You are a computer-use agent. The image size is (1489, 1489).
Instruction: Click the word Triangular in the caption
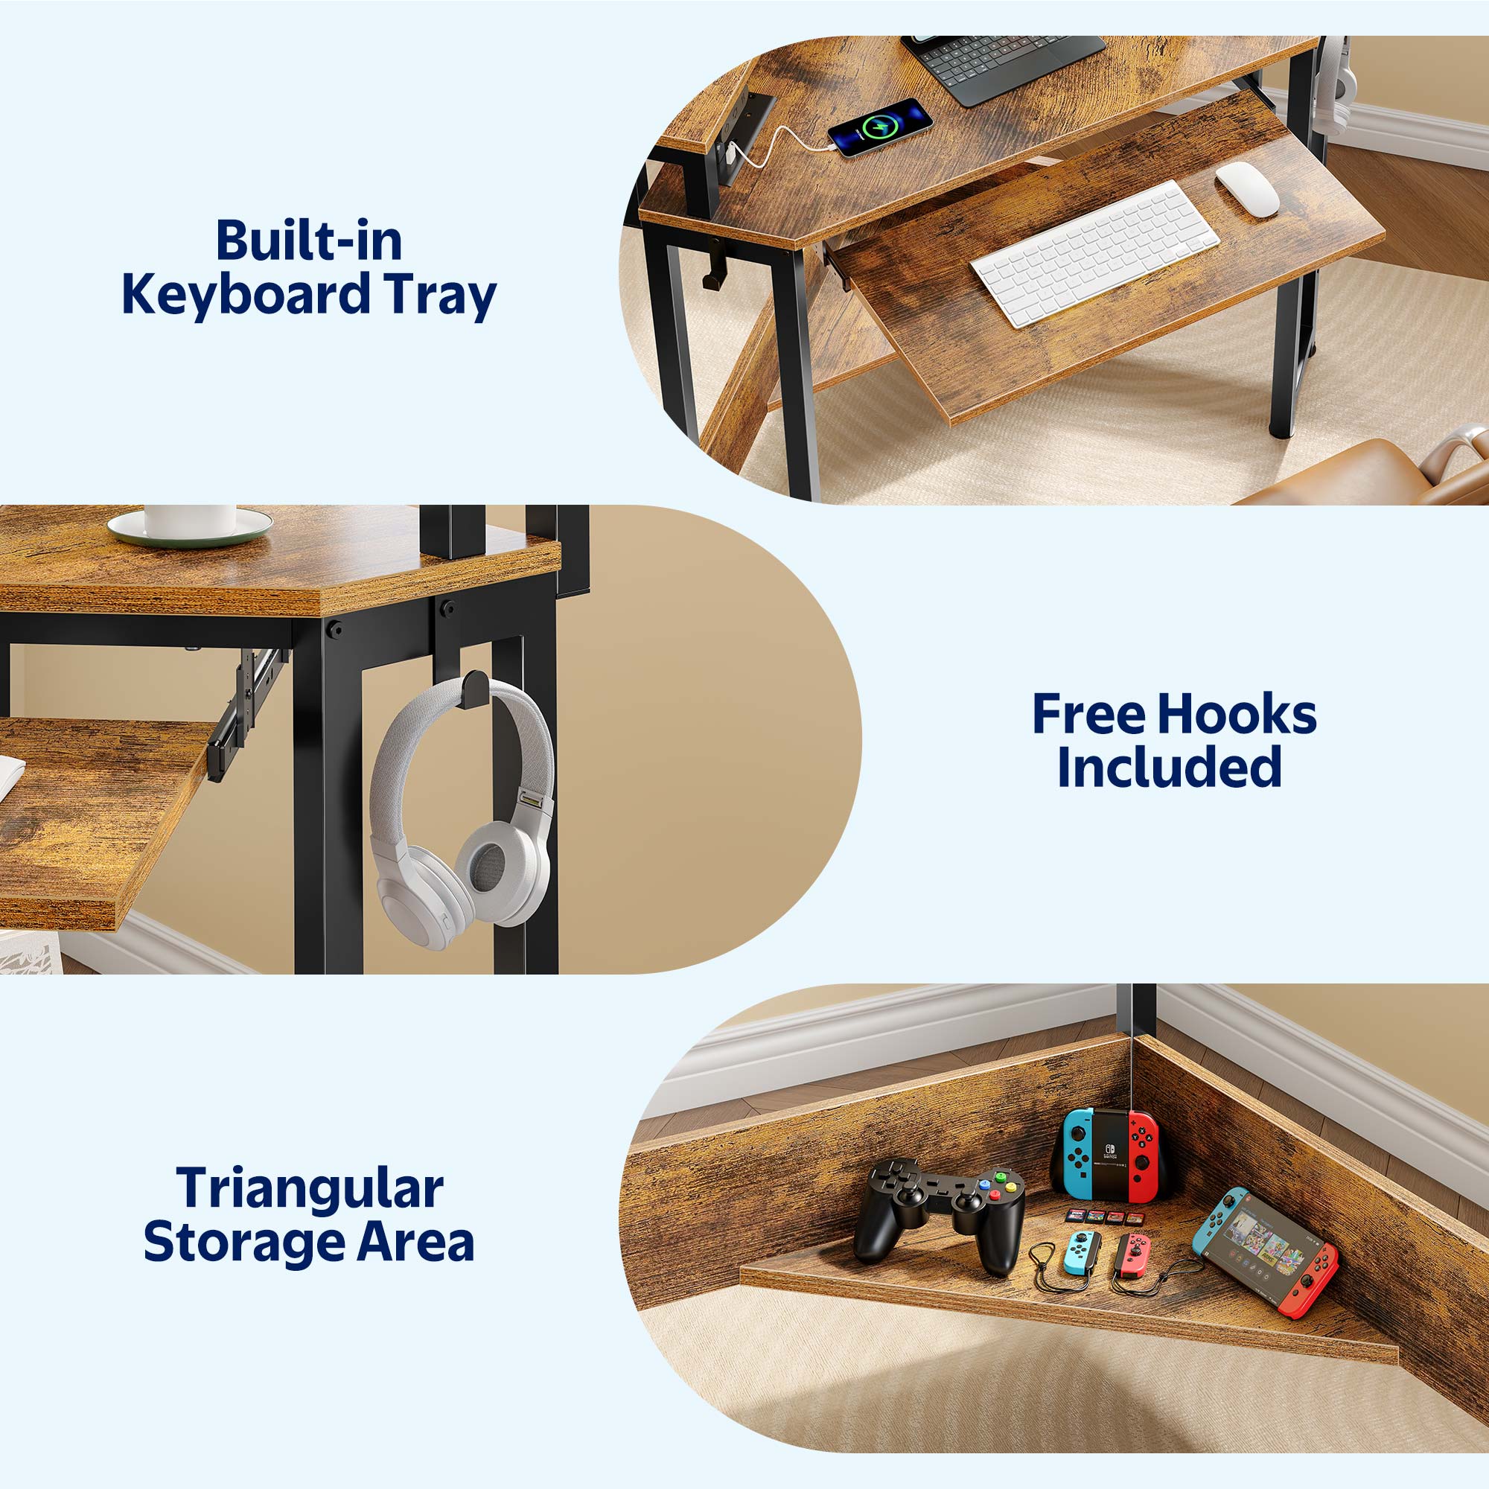point(310,1188)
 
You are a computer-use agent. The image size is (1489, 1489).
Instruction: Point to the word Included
point(1169,767)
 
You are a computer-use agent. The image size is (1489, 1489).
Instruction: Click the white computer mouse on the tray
point(1247,188)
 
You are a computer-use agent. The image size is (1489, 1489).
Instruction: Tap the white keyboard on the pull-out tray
point(1094,254)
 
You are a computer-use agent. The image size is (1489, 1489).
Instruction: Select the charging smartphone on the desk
point(880,127)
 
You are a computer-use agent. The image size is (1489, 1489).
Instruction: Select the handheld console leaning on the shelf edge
point(1265,1251)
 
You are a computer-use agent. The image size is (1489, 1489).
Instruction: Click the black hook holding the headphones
point(475,687)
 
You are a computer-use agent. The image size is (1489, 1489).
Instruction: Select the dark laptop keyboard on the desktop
point(1004,64)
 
